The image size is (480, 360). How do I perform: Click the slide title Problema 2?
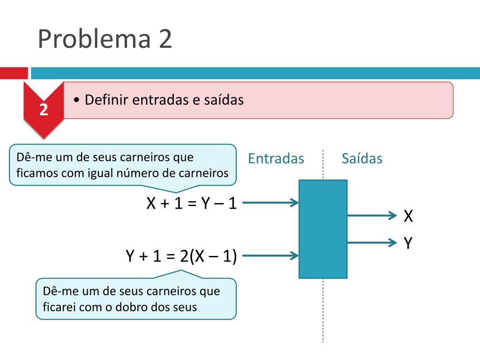[105, 38]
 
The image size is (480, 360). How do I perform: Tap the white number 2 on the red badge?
[44, 110]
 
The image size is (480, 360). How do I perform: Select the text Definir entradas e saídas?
[164, 100]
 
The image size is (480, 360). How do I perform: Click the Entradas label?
[276, 158]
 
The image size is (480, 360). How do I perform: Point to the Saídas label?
[362, 158]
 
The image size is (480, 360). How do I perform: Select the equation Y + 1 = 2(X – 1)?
[181, 256]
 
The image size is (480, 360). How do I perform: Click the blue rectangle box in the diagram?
[323, 229]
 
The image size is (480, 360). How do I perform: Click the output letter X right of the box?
[408, 216]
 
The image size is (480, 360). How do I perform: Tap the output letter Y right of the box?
[408, 243]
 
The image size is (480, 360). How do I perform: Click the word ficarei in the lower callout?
[60, 307]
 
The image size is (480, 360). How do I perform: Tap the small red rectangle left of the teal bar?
[14, 73]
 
